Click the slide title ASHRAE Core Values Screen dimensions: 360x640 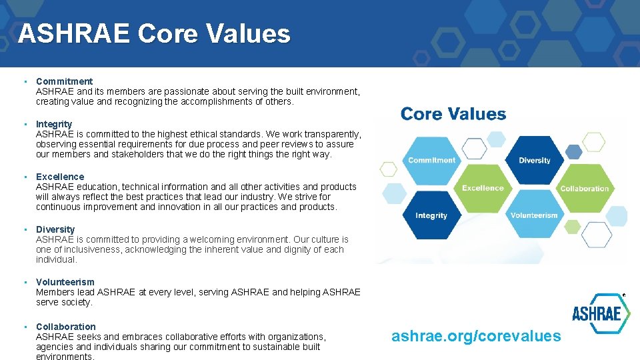[x=154, y=33]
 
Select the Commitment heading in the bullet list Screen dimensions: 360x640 [x=64, y=81]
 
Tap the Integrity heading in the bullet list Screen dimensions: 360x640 [x=54, y=124]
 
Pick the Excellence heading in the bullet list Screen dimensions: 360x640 [x=60, y=177]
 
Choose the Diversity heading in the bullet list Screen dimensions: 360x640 [x=55, y=229]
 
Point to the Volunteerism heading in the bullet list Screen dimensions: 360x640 [x=65, y=282]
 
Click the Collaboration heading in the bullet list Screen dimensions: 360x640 [x=66, y=327]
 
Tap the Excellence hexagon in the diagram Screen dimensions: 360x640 [x=483, y=187]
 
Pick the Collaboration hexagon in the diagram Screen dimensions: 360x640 [x=584, y=187]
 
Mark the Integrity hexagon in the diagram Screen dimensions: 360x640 [x=431, y=215]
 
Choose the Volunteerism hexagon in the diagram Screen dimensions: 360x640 [x=534, y=215]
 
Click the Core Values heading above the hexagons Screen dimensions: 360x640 [x=453, y=114]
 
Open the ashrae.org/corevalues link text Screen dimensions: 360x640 [x=476, y=336]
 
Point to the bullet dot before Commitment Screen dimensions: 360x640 [x=25, y=81]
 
